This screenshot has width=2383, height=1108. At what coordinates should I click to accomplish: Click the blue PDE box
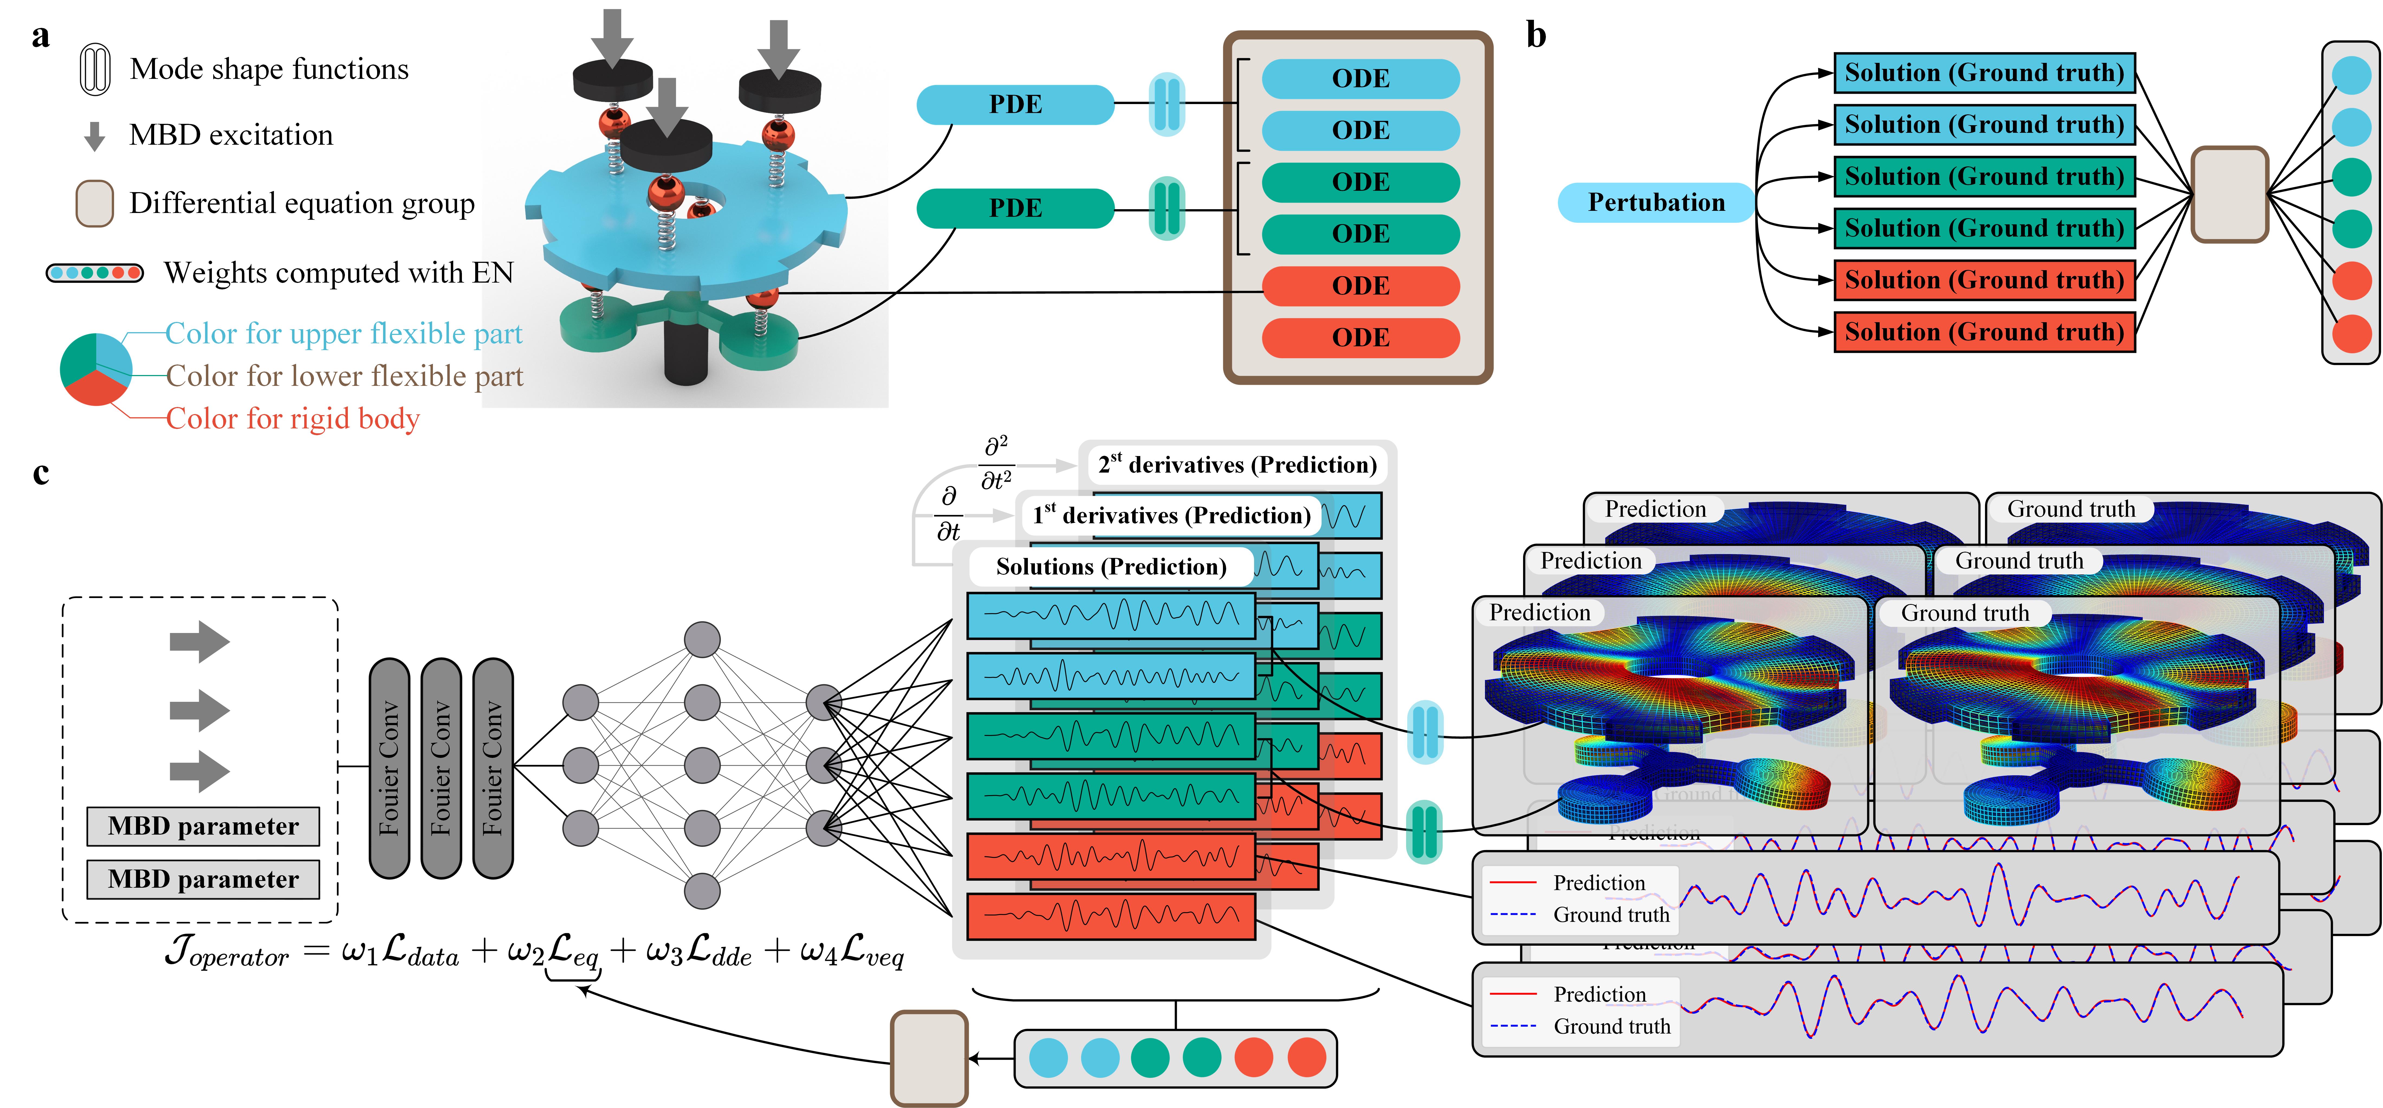click(x=1015, y=105)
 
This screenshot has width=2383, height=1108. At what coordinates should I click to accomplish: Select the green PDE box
click(x=1015, y=208)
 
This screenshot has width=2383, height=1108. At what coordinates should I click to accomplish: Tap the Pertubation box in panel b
click(x=1656, y=202)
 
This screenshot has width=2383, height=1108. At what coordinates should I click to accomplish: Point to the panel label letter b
click(x=1536, y=35)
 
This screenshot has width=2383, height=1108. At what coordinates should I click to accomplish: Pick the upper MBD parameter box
click(x=203, y=826)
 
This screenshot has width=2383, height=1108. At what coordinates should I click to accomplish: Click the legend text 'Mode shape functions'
click(x=268, y=69)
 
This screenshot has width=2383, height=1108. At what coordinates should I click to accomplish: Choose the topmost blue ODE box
click(x=1360, y=79)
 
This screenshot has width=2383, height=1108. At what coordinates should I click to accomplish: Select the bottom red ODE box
click(x=1360, y=338)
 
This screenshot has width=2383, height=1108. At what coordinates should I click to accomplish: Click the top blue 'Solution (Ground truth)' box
click(x=1984, y=73)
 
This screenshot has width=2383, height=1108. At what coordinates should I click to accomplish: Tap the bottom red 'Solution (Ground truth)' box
click(x=1984, y=332)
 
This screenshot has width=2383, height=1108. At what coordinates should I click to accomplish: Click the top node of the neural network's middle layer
click(x=702, y=639)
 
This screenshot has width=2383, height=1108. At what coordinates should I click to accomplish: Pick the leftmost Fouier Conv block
click(x=390, y=768)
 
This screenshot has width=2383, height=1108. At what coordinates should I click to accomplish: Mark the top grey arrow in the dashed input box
click(x=199, y=641)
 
